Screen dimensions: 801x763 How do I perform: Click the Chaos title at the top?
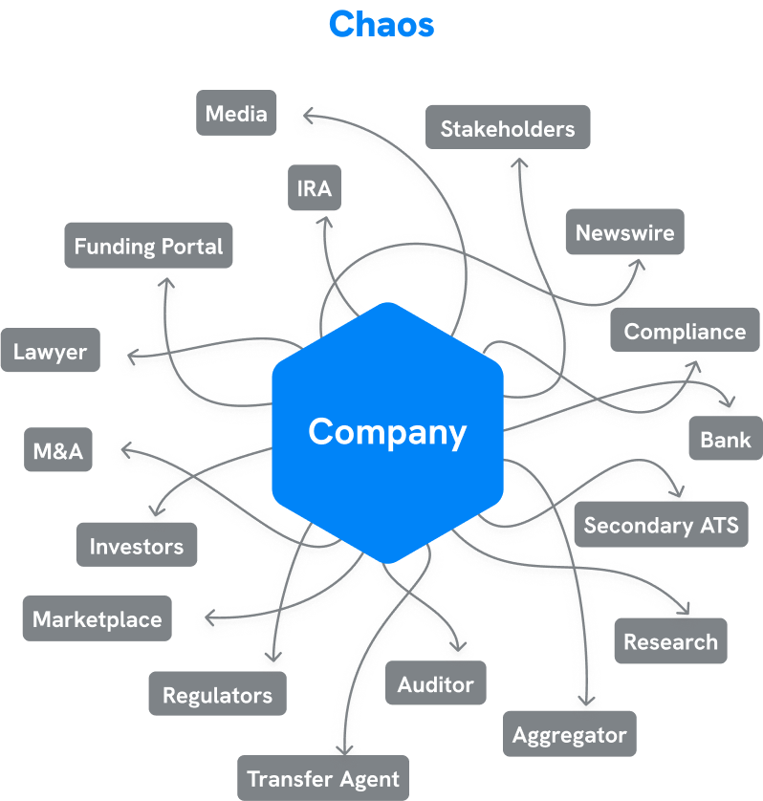tap(381, 24)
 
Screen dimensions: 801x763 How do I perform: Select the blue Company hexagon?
tap(387, 432)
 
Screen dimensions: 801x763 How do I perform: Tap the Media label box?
tap(236, 114)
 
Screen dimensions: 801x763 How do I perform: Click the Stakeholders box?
tap(508, 128)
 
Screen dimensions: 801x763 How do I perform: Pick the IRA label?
tap(315, 188)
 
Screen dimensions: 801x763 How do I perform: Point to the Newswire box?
tap(624, 232)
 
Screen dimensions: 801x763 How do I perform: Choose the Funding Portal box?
tap(148, 247)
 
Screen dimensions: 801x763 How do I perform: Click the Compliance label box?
tap(685, 332)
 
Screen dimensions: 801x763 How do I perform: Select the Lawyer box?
tap(51, 352)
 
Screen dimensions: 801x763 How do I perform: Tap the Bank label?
tap(726, 440)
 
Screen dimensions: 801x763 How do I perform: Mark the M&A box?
tap(58, 451)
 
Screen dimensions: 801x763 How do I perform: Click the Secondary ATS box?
tap(661, 525)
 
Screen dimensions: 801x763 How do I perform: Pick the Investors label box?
tap(137, 546)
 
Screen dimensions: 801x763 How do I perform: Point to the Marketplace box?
tap(98, 618)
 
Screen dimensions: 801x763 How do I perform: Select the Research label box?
tap(670, 641)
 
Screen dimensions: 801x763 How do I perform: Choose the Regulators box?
tap(217, 695)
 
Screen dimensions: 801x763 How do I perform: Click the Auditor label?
tap(436, 683)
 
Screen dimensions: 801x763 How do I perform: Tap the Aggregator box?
tap(569, 735)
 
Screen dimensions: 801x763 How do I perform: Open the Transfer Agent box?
tap(323, 778)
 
